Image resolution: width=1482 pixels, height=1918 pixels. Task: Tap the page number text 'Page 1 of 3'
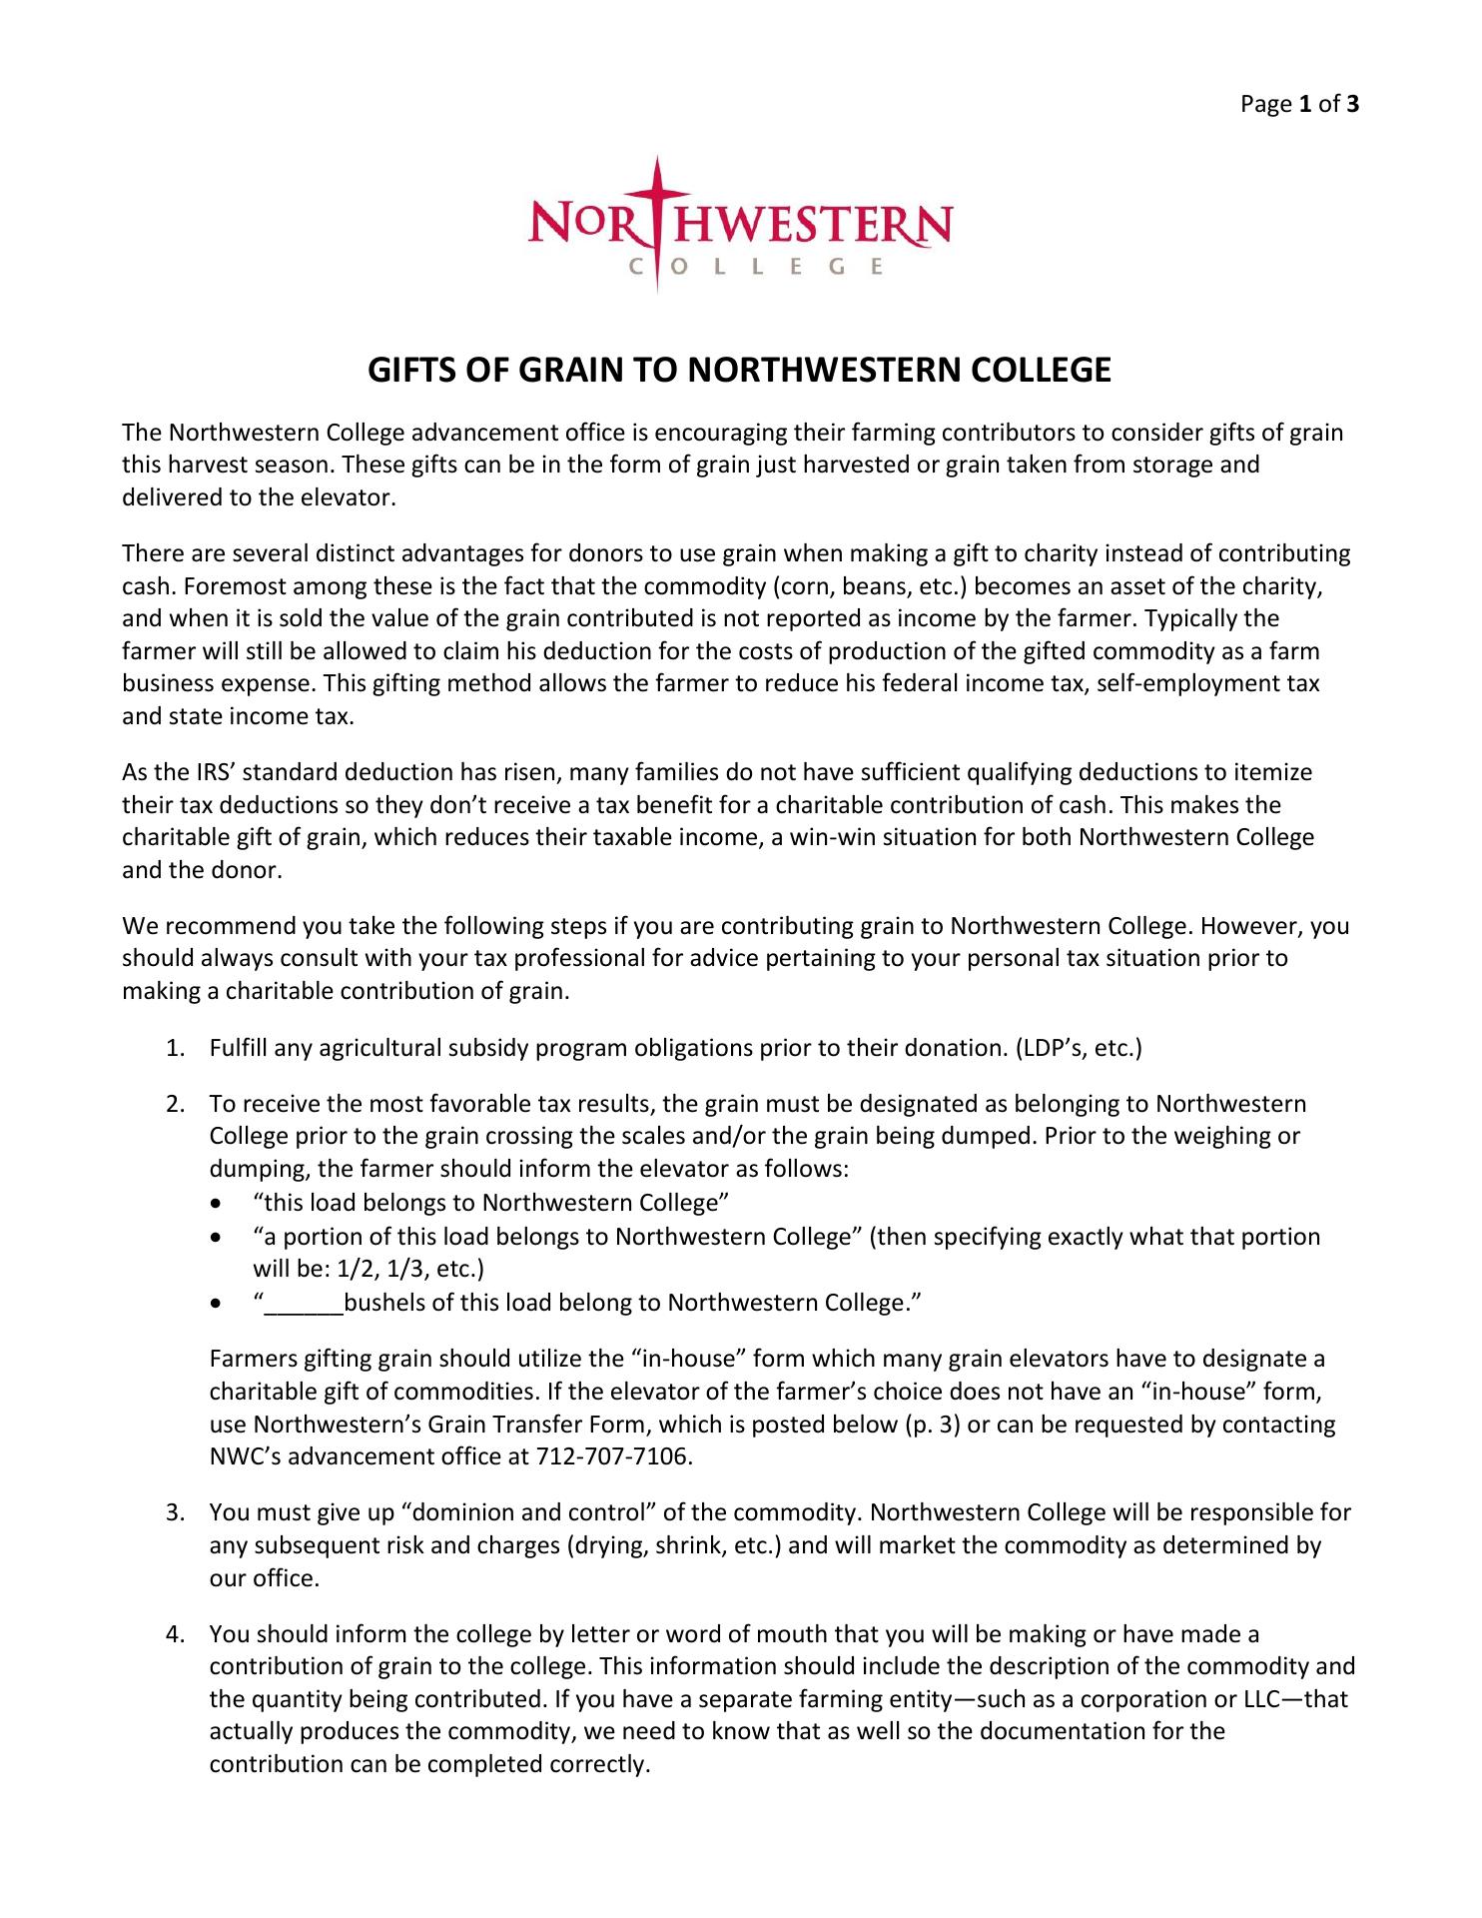(x=1299, y=104)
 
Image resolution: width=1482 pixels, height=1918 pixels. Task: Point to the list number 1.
(x=174, y=1048)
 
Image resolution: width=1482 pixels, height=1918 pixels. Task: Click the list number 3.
(x=174, y=1512)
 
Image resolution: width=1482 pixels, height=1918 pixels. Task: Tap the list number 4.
(x=174, y=1634)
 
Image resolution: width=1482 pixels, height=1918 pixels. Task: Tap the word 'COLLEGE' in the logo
(x=755, y=267)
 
